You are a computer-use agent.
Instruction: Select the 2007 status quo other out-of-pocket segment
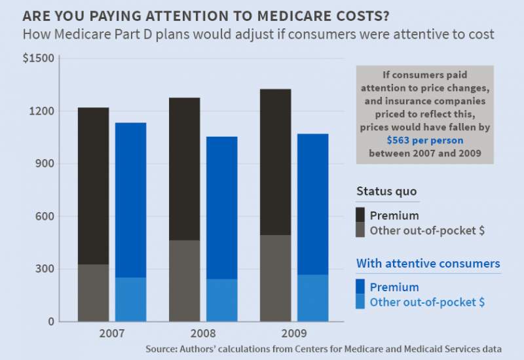coord(93,293)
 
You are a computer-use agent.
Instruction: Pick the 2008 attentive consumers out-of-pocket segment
coord(221,300)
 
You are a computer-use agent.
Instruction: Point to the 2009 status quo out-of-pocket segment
coord(275,278)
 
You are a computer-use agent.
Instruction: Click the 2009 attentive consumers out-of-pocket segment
coord(312,298)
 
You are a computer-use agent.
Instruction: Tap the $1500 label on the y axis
coord(39,59)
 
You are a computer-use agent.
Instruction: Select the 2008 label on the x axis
coord(203,333)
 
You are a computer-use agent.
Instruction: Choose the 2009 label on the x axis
coord(294,333)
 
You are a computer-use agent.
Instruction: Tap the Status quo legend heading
coord(386,191)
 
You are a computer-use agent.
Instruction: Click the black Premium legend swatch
coord(360,215)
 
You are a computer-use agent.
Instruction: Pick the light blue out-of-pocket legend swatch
coord(360,302)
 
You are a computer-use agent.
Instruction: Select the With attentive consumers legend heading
coord(428,263)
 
